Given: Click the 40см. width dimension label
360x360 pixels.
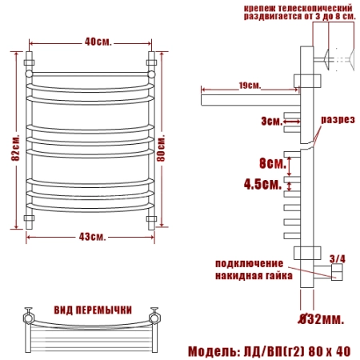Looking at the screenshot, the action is tap(98, 42).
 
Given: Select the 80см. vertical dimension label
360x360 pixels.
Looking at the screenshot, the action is tap(161, 148).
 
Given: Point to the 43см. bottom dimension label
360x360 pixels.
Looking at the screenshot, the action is tap(92, 237).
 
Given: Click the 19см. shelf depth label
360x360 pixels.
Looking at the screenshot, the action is tap(250, 86).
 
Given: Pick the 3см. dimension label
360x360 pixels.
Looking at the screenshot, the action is tap(271, 122).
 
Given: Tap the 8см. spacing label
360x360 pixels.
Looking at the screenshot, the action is tap(273, 162).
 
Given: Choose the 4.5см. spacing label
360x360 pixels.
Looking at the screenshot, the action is tap(262, 184).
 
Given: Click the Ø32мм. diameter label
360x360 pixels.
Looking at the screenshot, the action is tap(321, 318).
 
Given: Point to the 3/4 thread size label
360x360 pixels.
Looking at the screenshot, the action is tap(337, 258).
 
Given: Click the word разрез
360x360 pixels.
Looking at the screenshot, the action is tap(338, 119).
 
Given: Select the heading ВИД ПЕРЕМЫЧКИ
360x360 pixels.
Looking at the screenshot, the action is tap(93, 310).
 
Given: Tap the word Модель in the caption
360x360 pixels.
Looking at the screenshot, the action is tap(213, 351).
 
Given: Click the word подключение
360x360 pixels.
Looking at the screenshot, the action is tap(249, 263).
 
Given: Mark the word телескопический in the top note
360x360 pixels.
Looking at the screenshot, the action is tap(314, 8).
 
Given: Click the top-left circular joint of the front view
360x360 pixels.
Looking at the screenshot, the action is tap(29, 74).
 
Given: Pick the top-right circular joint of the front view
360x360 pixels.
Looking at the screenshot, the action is tap(151, 74).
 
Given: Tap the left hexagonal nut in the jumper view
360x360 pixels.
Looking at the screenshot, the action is tap(28, 318).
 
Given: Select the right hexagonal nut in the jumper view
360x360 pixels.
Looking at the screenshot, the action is tap(154, 318).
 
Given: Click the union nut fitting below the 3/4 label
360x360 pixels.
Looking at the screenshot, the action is tap(337, 272).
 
